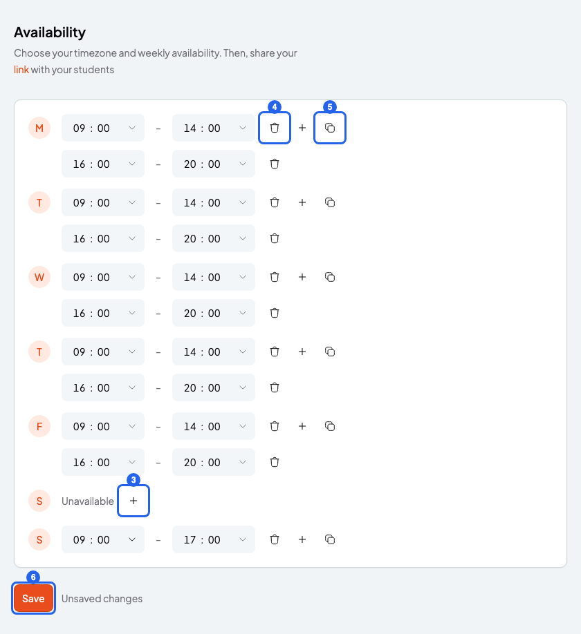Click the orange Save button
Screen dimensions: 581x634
[33, 598]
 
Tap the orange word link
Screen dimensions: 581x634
[21, 70]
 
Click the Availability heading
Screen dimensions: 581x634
[50, 32]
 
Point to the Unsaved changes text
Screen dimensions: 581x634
[102, 598]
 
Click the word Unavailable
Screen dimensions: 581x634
[87, 501]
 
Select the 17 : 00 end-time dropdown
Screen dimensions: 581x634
[214, 539]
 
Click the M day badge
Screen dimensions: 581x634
[39, 128]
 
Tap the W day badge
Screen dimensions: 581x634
[39, 278]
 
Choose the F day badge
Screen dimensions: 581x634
[39, 427]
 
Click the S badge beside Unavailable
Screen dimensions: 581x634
[39, 501]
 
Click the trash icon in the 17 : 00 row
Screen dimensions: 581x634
[275, 539]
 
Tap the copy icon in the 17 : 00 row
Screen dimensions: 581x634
[330, 539]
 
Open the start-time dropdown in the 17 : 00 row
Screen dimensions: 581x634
[103, 539]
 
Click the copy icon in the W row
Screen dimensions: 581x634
[330, 277]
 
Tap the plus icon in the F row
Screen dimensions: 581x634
[302, 426]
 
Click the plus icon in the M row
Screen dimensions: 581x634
[302, 128]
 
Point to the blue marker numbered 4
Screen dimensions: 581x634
[275, 107]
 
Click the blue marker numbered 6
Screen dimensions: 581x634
[33, 577]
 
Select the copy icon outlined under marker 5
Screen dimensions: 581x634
[330, 128]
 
